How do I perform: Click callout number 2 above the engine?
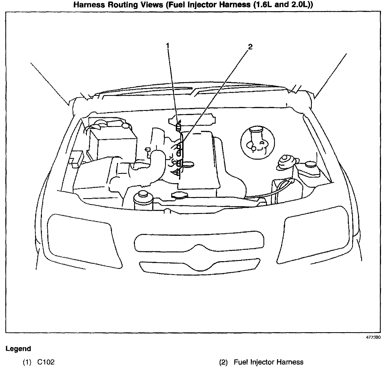coord(250,47)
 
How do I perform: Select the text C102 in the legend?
coord(46,362)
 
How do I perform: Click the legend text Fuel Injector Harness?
coord(269,362)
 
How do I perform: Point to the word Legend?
coord(18,349)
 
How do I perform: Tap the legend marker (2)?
coord(223,362)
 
